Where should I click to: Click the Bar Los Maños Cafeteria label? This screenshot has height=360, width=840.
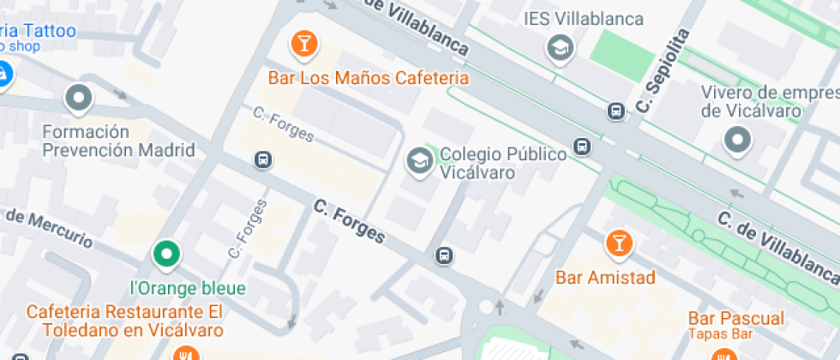(369, 78)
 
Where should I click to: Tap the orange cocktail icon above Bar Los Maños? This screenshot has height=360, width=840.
(303, 44)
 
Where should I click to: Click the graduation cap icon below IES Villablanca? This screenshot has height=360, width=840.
(561, 48)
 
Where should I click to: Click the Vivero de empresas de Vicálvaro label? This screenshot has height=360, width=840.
(768, 101)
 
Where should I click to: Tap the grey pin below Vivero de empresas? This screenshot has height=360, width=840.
(737, 139)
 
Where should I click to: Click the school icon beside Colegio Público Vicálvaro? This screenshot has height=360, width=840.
(419, 160)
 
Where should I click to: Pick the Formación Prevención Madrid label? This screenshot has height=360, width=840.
(119, 141)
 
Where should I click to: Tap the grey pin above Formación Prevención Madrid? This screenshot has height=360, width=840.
(79, 99)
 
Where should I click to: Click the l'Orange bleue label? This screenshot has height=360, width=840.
(187, 288)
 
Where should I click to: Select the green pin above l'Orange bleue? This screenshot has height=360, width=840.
(166, 254)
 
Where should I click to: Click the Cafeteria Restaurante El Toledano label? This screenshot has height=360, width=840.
(124, 320)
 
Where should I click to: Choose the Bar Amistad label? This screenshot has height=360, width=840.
(605, 278)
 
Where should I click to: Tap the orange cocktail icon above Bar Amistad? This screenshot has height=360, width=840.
(617, 243)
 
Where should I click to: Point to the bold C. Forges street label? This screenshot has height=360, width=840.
(349, 221)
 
